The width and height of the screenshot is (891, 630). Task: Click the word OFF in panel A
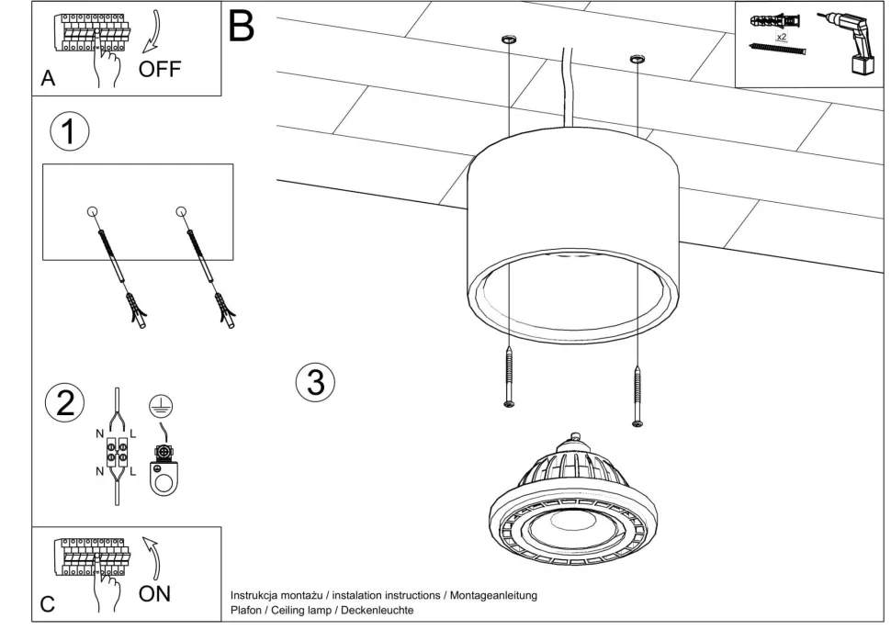click(160, 68)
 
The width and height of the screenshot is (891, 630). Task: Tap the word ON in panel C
click(154, 593)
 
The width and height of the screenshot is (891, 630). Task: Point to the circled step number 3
click(315, 382)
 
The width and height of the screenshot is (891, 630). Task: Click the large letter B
click(241, 26)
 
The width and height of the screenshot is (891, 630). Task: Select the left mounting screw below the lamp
click(507, 377)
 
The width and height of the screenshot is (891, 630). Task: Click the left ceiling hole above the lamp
click(506, 39)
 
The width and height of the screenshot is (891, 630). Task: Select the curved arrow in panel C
click(152, 557)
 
